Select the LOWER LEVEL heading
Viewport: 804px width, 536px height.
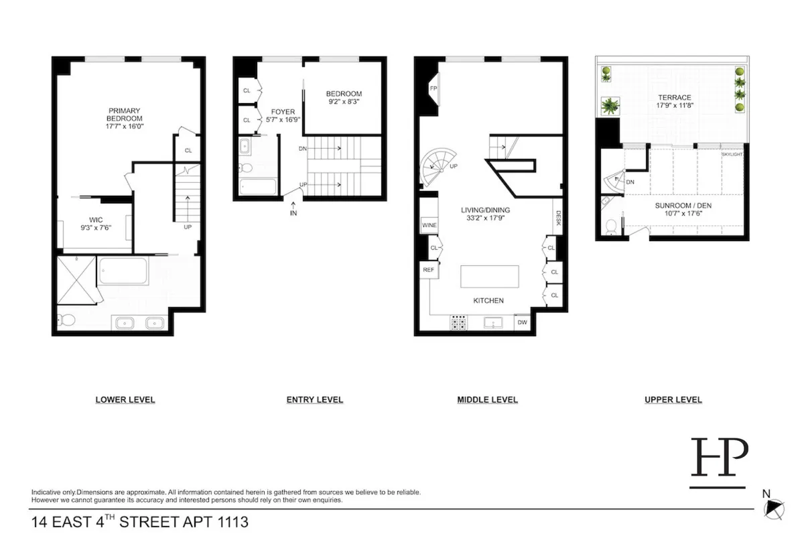[x=125, y=400]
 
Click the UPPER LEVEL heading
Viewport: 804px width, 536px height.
[x=673, y=400]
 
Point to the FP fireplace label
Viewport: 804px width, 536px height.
[x=433, y=88]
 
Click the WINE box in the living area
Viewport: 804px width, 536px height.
[x=429, y=225]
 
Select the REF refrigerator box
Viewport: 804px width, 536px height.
[x=429, y=269]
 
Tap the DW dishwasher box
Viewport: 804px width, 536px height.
[x=523, y=322]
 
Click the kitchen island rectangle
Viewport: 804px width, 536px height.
[x=490, y=276]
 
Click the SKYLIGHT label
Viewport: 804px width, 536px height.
[x=732, y=155]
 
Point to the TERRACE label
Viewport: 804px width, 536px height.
[x=674, y=98]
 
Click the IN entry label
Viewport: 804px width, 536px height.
[x=293, y=214]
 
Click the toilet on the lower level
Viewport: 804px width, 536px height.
[x=66, y=320]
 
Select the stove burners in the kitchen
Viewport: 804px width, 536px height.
[x=459, y=323]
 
